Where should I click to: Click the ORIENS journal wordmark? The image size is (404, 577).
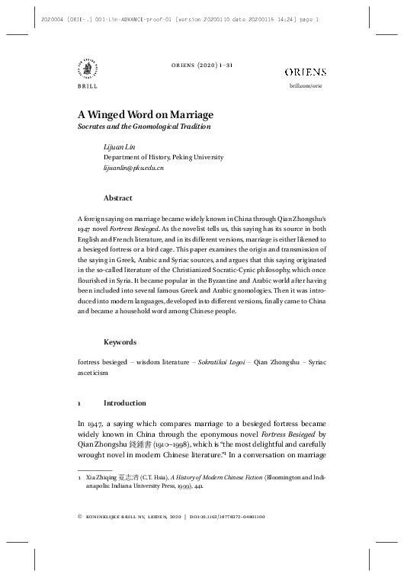[305, 72]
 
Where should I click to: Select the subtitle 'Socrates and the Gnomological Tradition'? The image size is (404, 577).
[144, 127]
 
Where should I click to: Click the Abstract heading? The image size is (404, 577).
[117, 197]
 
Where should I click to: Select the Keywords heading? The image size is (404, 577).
[120, 342]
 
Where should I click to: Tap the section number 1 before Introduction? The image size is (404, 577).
[80, 402]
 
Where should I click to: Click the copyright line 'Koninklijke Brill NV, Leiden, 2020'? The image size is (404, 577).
[133, 518]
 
